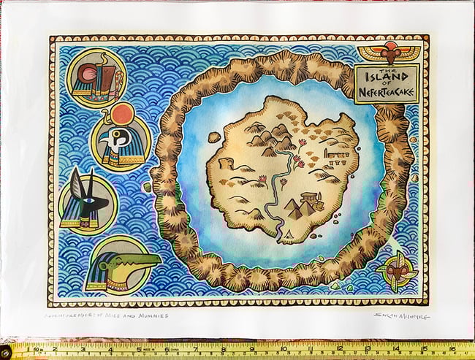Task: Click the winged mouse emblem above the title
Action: pyautogui.click(x=389, y=53)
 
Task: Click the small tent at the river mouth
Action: pyautogui.click(x=291, y=235)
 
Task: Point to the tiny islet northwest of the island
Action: pyautogui.click(x=213, y=137)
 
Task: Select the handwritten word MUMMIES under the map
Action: pyautogui.click(x=150, y=315)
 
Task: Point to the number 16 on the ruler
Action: pyautogui.click(x=453, y=349)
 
